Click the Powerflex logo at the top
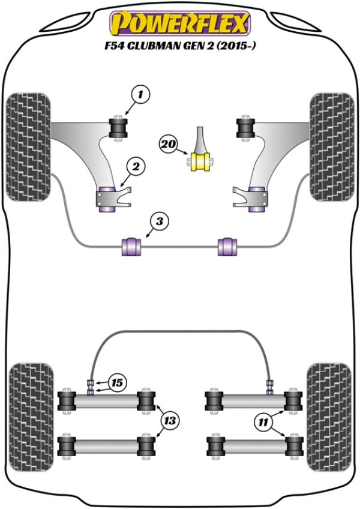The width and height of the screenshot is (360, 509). click(x=179, y=23)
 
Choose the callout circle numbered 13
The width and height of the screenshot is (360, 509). click(x=170, y=421)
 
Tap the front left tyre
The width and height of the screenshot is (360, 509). click(x=28, y=148)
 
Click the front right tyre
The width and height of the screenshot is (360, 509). click(x=331, y=148)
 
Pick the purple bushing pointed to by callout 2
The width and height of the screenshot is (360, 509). click(x=105, y=199)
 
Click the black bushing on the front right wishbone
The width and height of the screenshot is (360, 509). click(x=245, y=128)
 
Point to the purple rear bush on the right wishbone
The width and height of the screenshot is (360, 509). click(x=256, y=199)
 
